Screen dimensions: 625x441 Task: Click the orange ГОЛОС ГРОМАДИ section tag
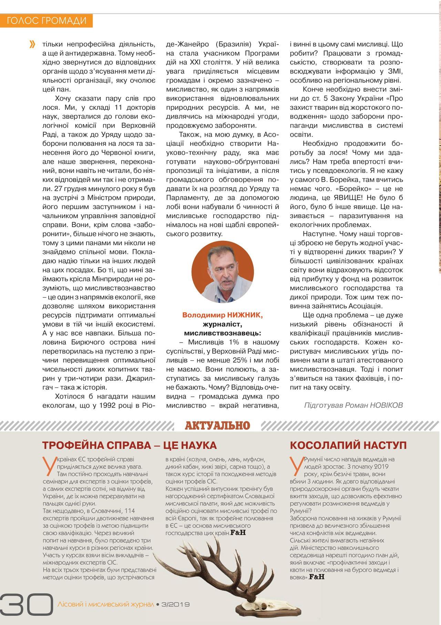pos(47,21)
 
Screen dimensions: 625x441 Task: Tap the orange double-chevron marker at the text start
pos(32,44)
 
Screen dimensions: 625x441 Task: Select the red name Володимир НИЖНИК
pos(222,315)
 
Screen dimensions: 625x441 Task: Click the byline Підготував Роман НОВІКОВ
pos(353,405)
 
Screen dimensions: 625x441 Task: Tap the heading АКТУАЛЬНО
pos(217,426)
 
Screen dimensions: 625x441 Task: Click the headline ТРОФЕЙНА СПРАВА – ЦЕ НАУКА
pos(129,445)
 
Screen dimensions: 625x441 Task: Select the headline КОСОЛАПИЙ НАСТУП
pos(348,445)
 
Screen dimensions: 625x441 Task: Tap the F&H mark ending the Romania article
pos(317,577)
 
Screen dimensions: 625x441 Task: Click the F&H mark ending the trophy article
pos(238,533)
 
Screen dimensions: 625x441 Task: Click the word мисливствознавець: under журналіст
pos(223,333)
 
